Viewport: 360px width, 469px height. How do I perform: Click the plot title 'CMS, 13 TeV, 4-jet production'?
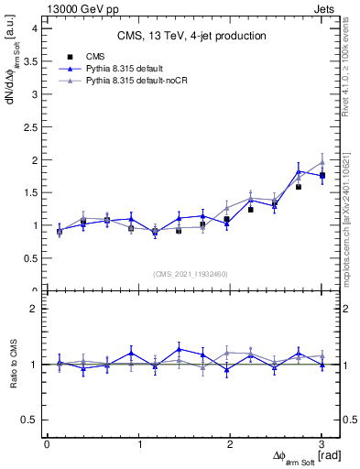point(191,36)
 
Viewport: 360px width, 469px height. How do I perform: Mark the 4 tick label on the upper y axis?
point(36,28)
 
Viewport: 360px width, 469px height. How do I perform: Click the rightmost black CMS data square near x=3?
point(322,175)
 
